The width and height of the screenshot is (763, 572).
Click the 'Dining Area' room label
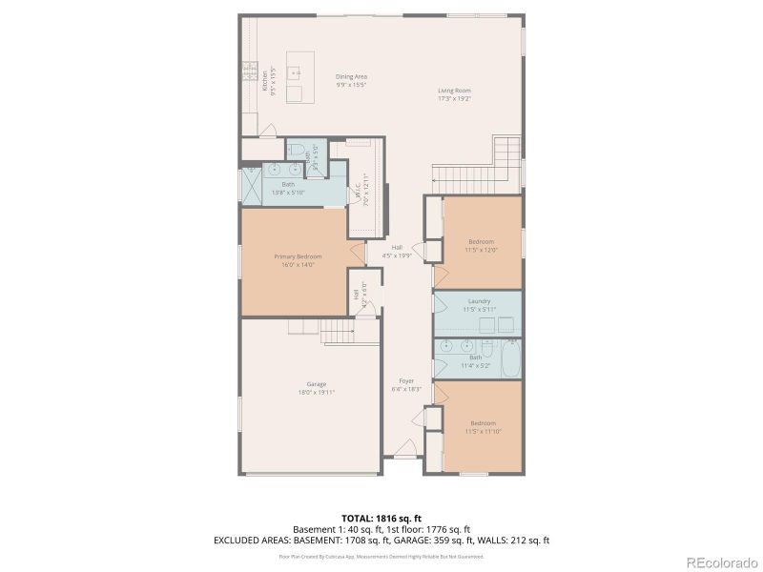click(351, 76)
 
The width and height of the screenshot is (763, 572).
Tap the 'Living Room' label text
click(455, 90)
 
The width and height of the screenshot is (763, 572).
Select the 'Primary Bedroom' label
click(298, 256)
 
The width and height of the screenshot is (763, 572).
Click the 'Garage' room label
click(317, 384)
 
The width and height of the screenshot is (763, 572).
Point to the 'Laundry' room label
click(480, 301)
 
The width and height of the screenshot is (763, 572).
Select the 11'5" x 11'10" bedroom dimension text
click(483, 431)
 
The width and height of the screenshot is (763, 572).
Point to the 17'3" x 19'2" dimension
click(455, 98)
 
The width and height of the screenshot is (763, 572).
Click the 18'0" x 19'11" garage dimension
click(317, 392)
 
